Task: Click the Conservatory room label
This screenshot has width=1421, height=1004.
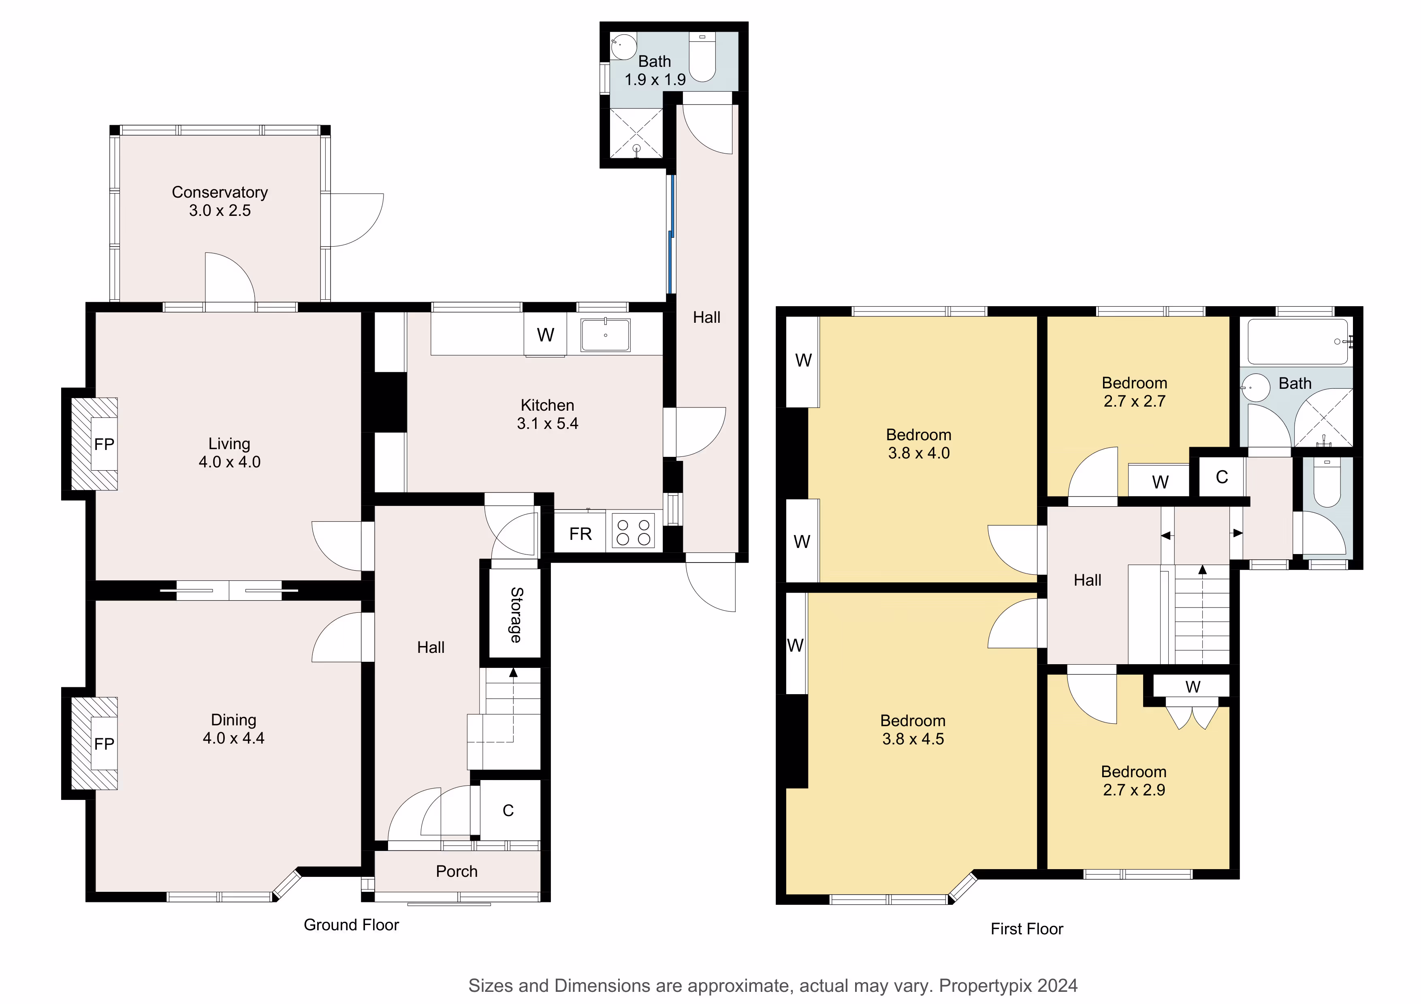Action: pyautogui.click(x=220, y=192)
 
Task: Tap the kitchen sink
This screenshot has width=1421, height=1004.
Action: pyautogui.click(x=605, y=335)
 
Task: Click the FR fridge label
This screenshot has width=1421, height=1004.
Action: pyautogui.click(x=580, y=534)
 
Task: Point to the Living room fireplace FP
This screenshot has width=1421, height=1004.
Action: pyautogui.click(x=105, y=444)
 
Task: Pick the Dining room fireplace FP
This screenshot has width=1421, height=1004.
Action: pyautogui.click(x=105, y=744)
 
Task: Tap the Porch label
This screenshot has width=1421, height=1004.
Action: pyautogui.click(x=457, y=872)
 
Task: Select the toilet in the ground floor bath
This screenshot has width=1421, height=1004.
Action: pyautogui.click(x=702, y=58)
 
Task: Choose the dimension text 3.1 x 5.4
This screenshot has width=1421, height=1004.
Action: pyautogui.click(x=548, y=424)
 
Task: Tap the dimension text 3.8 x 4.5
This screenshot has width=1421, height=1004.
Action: pyautogui.click(x=913, y=739)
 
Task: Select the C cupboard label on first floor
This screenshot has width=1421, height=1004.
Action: pyautogui.click(x=1222, y=477)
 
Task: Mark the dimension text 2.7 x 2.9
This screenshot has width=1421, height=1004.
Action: pyautogui.click(x=1134, y=790)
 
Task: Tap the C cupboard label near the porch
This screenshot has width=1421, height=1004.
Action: pyautogui.click(x=508, y=810)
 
